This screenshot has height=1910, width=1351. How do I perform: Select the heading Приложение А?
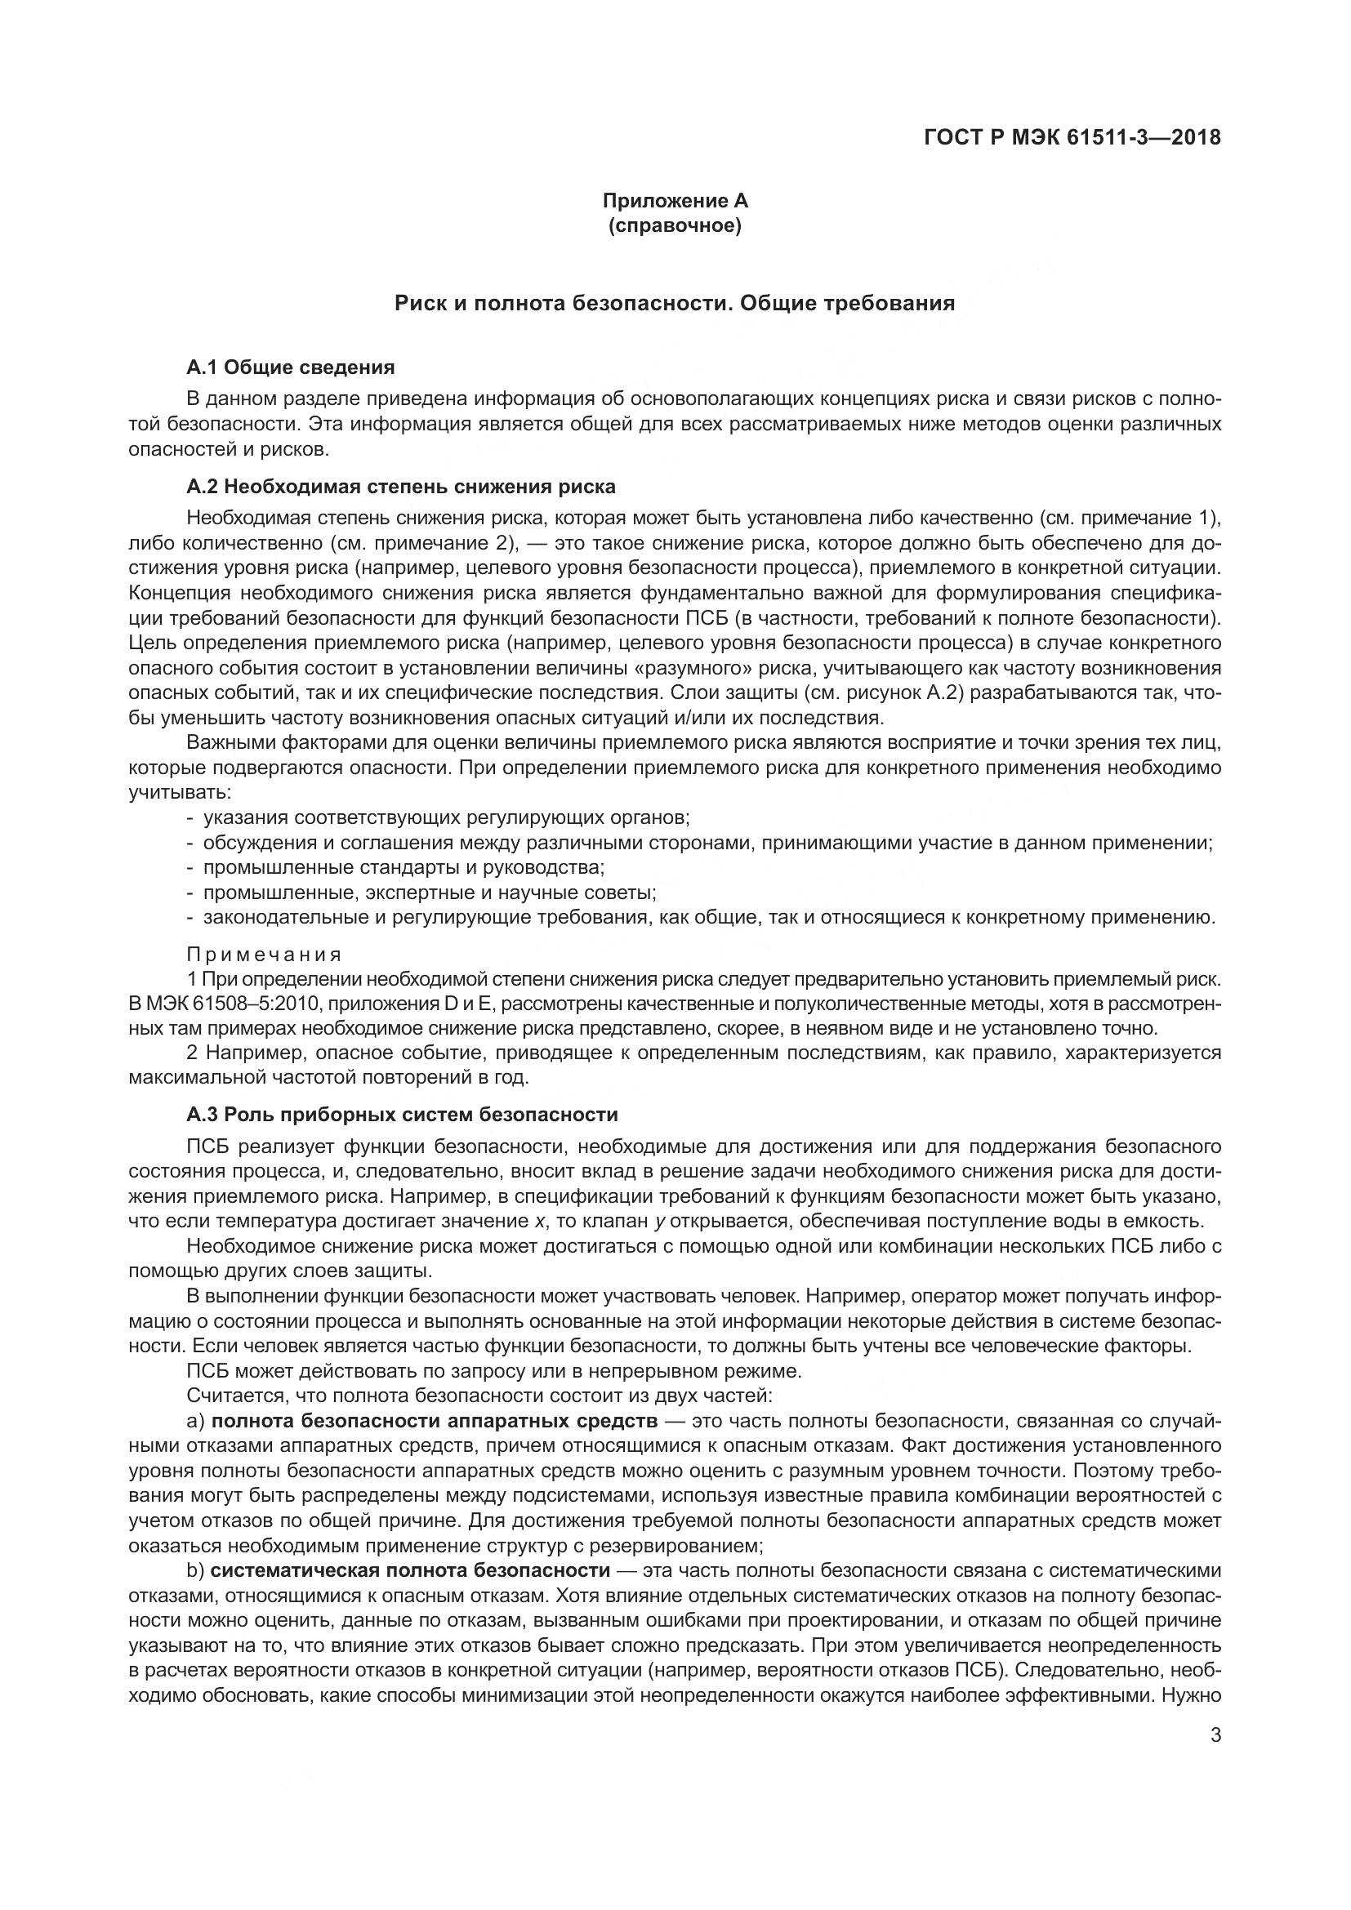(675, 201)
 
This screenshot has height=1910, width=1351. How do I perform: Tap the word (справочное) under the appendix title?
(675, 225)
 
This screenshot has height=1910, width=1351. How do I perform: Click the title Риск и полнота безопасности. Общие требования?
(675, 304)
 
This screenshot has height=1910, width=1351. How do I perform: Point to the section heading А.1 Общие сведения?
(290, 367)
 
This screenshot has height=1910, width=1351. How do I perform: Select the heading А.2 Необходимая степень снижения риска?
(401, 487)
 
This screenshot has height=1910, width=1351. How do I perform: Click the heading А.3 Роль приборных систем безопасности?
(403, 1115)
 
